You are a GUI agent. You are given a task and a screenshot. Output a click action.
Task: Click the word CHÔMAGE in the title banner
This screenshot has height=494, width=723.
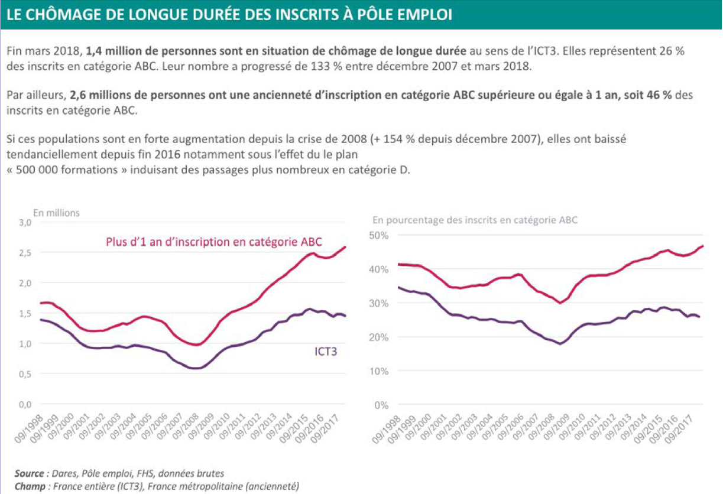70,14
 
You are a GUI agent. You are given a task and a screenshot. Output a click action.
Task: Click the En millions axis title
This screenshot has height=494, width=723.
56,213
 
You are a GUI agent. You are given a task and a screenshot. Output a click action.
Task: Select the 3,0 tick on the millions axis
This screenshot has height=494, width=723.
24,223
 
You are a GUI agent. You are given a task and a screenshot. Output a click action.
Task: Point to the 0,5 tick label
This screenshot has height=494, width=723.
24,374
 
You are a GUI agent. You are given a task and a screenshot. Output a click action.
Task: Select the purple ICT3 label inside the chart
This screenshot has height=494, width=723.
325,352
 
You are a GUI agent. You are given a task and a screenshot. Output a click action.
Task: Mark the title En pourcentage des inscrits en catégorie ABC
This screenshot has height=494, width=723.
475,220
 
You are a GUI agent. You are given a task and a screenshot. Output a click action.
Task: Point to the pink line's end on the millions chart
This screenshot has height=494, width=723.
346,247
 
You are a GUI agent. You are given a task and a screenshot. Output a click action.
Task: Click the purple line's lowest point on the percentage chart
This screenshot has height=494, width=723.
559,343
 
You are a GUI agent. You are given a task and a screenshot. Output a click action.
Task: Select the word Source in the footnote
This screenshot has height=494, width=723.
29,473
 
